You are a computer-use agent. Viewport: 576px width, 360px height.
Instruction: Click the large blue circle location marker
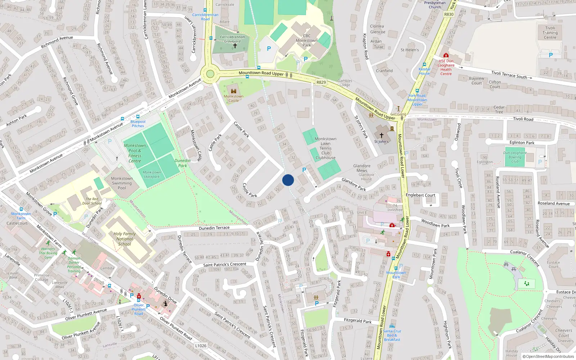[x=288, y=180]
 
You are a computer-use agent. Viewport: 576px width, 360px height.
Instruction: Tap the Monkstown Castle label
[x=234, y=98]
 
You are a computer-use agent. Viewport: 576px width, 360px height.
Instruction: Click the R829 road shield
[x=321, y=82]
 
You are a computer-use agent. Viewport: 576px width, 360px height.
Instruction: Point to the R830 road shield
[x=449, y=14]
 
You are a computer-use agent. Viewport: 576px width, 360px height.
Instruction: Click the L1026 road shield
[x=201, y=346]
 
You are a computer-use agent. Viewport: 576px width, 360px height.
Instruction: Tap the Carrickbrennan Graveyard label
[x=232, y=39]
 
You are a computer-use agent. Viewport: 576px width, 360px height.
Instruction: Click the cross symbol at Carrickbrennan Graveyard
[x=235, y=46]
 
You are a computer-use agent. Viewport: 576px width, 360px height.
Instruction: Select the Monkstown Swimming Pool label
[x=122, y=183]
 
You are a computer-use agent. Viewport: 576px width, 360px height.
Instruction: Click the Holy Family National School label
[x=125, y=239]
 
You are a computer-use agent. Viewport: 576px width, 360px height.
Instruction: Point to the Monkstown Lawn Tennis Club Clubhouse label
[x=325, y=148]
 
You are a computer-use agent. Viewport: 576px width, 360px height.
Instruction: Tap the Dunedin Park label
[x=183, y=163]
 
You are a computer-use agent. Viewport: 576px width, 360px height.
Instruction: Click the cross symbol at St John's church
[x=382, y=135]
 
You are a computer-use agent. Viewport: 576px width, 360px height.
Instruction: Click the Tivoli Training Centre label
[x=550, y=32]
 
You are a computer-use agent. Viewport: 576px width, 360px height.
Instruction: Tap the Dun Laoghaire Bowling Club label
[x=515, y=157]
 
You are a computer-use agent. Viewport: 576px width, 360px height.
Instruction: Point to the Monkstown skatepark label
[x=152, y=174]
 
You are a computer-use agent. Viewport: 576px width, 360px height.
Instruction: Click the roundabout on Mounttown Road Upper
[x=210, y=74]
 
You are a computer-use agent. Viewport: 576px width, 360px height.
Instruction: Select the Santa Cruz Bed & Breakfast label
[x=392, y=335]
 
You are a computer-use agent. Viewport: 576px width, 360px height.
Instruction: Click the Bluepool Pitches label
[x=138, y=123]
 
